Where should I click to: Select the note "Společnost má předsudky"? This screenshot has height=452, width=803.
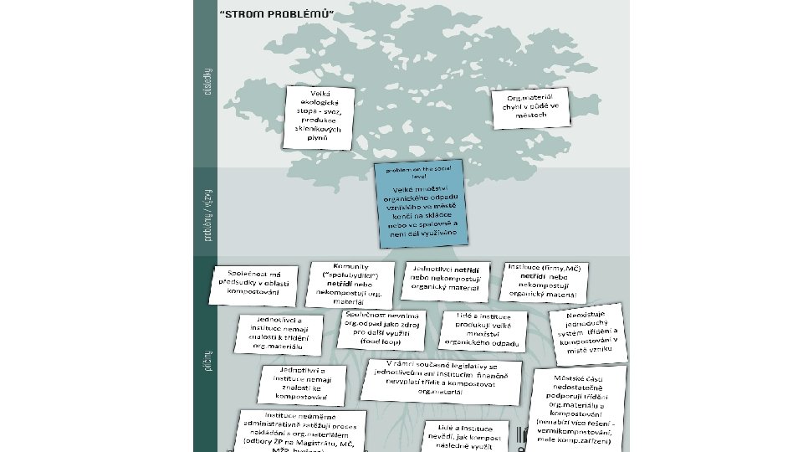(258, 282)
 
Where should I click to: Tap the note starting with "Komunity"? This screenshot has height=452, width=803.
(350, 280)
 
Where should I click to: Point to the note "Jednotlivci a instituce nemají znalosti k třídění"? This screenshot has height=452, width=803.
(281, 332)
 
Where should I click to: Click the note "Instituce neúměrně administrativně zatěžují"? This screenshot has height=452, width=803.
(304, 431)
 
